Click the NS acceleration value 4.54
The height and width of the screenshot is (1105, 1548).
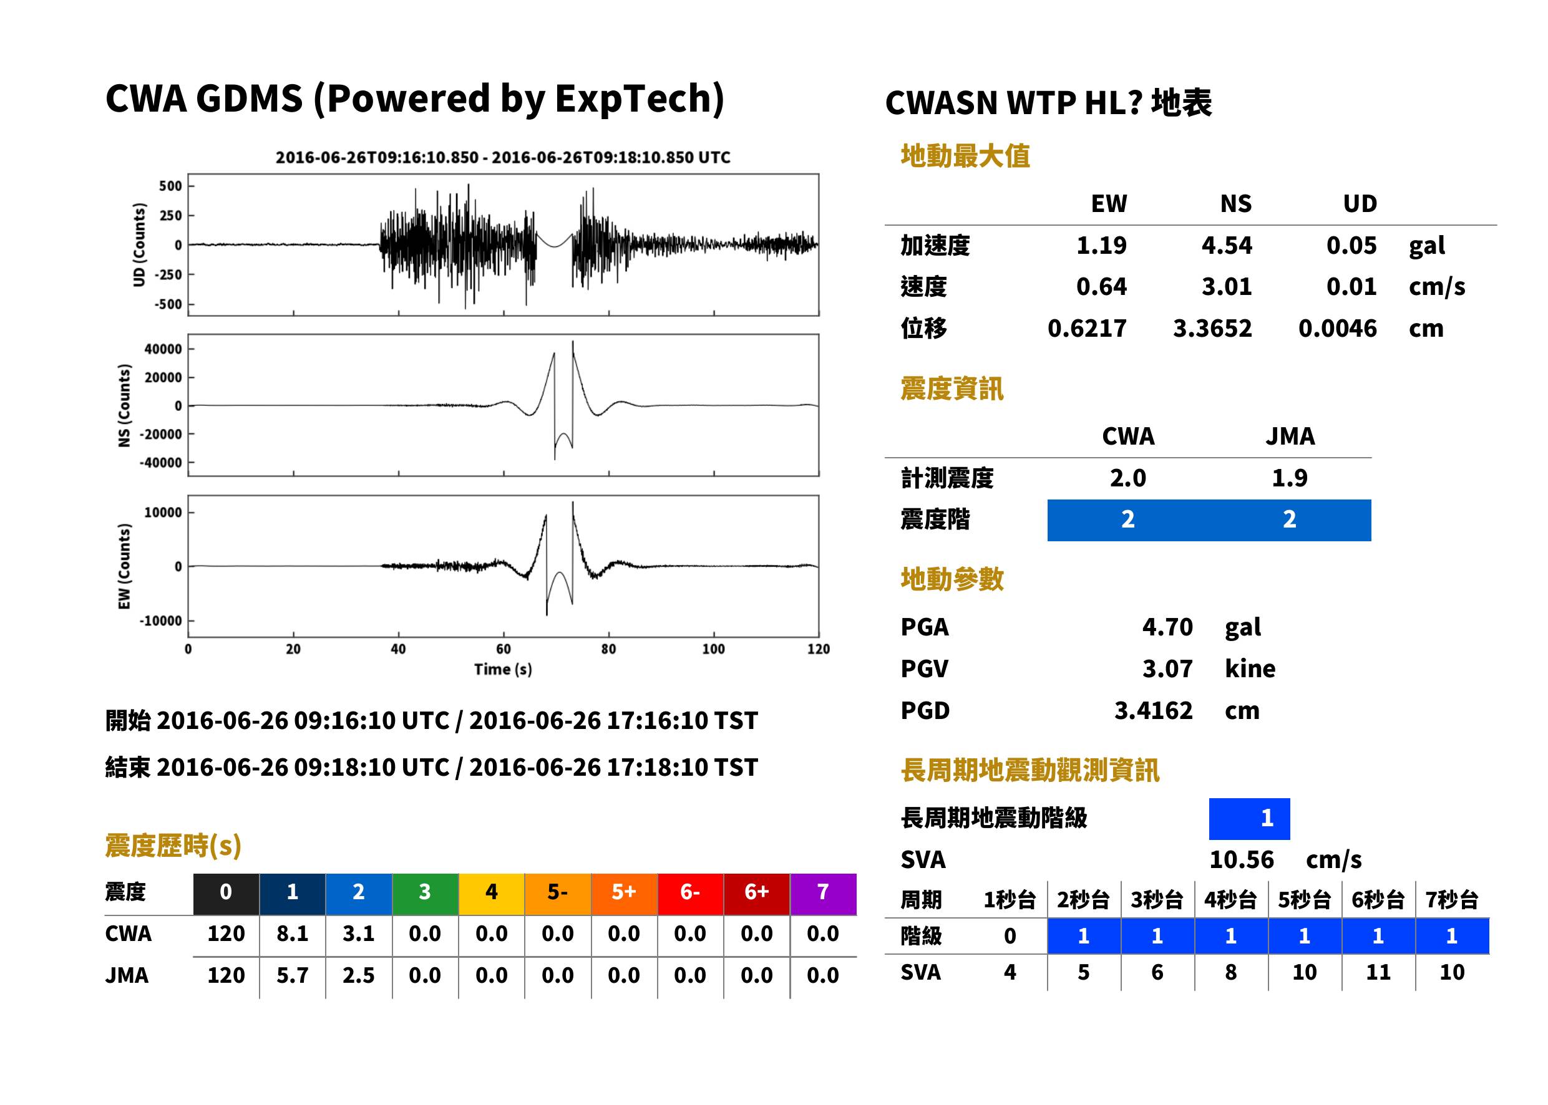click(x=1226, y=246)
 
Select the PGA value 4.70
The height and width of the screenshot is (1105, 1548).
click(x=1167, y=627)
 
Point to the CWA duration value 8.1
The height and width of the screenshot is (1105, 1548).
click(x=292, y=934)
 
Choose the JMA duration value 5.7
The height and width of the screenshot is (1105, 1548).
click(x=292, y=975)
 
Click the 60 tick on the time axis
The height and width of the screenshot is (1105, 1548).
click(x=503, y=649)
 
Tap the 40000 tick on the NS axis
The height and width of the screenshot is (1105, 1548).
click(x=163, y=349)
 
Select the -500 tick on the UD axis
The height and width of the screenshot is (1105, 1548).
click(x=168, y=304)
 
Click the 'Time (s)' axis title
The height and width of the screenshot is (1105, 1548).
click(x=503, y=670)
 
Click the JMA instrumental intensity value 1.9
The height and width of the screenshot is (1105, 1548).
click(x=1289, y=478)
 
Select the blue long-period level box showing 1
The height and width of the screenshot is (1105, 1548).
click(x=1249, y=819)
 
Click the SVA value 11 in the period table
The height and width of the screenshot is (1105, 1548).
click(x=1378, y=972)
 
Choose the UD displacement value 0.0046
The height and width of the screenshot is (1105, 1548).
click(x=1337, y=329)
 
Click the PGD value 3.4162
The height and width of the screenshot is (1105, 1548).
click(x=1153, y=710)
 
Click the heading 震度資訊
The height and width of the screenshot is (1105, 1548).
click(x=952, y=389)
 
